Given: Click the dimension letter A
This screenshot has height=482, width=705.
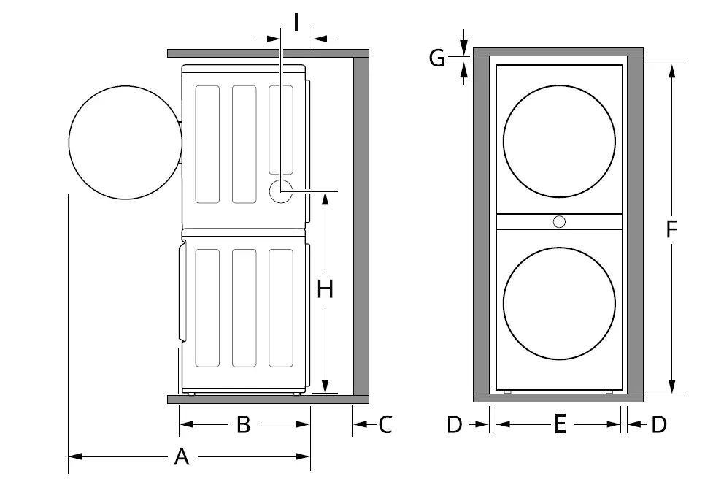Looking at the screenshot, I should click(182, 457).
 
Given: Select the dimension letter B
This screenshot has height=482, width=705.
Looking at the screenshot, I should click(244, 424).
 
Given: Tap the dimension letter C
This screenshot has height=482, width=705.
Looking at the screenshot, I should click(385, 424).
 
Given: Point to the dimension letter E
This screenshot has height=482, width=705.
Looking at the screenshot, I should click(560, 424).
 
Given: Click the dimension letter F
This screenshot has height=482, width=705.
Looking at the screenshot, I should click(672, 229).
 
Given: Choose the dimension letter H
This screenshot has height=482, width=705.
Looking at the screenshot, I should click(325, 290).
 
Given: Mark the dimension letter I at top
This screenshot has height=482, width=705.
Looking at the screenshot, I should click(296, 23).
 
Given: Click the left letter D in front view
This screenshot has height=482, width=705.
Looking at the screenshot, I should click(455, 424).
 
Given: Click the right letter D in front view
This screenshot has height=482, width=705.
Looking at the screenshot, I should click(659, 424).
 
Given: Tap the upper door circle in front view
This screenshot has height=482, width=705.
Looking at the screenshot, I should click(559, 143).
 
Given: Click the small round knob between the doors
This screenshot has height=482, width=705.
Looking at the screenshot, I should click(559, 221).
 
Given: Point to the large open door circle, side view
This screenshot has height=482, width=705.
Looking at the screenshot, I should click(124, 142).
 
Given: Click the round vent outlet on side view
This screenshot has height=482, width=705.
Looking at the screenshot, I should click(281, 192).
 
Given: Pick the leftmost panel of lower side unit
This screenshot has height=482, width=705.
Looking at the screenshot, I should click(207, 307).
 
